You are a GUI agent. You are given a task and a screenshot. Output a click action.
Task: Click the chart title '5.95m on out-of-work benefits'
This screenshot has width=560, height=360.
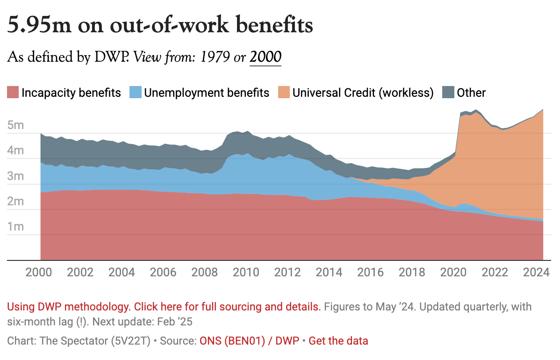coord(159,25)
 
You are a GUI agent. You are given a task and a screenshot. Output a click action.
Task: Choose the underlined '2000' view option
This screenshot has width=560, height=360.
coord(266,57)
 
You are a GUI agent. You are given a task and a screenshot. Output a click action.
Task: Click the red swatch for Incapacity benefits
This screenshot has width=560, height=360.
coord(13,93)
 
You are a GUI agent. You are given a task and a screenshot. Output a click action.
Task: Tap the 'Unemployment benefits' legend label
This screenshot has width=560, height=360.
coord(206,93)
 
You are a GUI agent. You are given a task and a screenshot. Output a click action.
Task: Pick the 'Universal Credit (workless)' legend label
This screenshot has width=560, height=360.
coord(363,93)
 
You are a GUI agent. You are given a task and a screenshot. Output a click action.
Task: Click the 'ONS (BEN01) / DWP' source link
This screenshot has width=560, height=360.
coord(249,341)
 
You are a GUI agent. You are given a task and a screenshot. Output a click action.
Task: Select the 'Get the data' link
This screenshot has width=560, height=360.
coord(338,341)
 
